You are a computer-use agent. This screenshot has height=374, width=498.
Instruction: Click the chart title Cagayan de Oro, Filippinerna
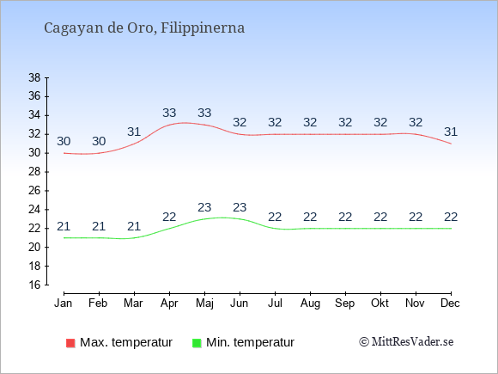(x=144, y=28)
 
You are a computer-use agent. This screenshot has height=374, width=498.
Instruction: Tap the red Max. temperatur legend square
(x=70, y=343)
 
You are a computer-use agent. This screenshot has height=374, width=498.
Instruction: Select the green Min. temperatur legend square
(x=197, y=343)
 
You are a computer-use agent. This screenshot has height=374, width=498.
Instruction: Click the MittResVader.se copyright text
(x=406, y=342)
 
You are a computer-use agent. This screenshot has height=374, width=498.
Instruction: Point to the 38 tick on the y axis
(x=34, y=77)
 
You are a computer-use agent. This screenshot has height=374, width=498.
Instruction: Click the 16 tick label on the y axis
(x=34, y=285)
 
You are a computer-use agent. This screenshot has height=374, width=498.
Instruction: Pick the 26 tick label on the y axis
(x=34, y=191)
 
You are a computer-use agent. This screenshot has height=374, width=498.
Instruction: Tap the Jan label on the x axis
(x=64, y=303)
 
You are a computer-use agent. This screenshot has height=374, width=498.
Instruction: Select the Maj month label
(x=204, y=303)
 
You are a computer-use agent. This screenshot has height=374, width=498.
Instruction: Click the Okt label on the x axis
(x=380, y=303)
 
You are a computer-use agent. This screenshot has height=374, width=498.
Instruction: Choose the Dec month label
(x=451, y=303)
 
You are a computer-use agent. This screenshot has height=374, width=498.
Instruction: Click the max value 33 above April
(x=169, y=113)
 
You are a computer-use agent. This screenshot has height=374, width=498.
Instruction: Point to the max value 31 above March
(x=134, y=132)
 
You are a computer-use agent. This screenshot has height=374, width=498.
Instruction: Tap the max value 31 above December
(x=451, y=132)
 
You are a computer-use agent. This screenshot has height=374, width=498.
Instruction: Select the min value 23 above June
(x=240, y=208)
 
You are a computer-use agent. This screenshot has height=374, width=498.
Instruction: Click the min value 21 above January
(x=64, y=226)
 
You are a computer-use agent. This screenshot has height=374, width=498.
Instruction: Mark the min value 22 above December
(x=451, y=218)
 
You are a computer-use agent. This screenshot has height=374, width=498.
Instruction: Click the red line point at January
(x=64, y=153)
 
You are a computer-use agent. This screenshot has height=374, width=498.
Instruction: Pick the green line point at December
(x=451, y=229)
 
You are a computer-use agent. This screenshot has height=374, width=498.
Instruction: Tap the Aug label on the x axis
(x=310, y=303)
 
